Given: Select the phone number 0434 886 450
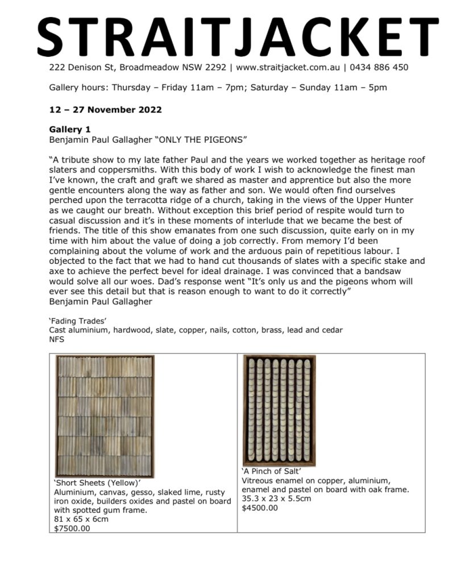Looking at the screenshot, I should [379, 67].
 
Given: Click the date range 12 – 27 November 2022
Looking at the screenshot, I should [105, 110].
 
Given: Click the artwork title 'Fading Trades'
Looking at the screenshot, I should [74, 321].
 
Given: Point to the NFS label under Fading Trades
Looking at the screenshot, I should [57, 339].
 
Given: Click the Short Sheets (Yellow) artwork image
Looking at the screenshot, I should [105, 416].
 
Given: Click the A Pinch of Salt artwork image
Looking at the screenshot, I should [279, 409].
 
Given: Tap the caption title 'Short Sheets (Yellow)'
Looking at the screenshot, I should [93, 484].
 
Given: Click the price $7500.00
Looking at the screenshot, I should [72, 528].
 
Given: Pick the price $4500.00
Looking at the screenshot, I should [260, 508].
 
